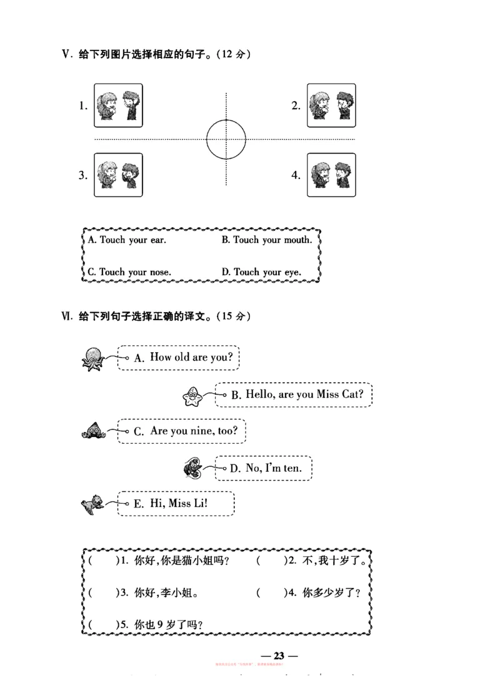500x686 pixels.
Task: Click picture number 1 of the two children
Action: point(118,105)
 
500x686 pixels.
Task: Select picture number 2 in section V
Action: point(331,105)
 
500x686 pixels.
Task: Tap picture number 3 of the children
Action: point(118,175)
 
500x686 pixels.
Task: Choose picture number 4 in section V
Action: point(331,175)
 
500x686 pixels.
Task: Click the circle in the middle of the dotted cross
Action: point(226,139)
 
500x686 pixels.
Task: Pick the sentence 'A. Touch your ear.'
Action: point(127,240)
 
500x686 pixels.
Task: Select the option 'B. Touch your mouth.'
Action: point(267,240)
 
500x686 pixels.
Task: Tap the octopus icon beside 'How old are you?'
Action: point(94,358)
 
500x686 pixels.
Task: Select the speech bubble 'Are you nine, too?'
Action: point(181,431)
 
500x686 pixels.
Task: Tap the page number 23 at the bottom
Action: point(279,655)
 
